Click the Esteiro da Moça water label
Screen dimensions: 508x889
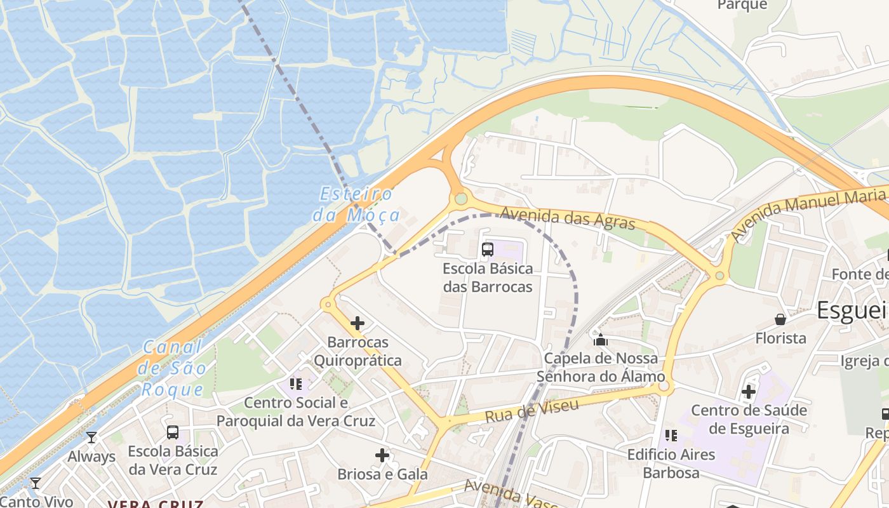[356, 204]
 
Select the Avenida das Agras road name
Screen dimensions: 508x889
[567, 218]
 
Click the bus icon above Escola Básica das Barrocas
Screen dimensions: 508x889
[488, 250]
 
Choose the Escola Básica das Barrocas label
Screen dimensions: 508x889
[488, 277]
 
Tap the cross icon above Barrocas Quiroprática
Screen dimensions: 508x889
[358, 323]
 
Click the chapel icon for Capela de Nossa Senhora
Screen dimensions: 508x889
[600, 340]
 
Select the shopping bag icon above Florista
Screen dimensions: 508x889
[780, 319]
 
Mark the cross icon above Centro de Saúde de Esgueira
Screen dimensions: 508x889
[749, 392]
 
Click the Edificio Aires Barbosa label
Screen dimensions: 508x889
[671, 464]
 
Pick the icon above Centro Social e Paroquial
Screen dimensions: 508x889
[295, 384]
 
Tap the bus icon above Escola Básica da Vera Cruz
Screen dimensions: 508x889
[172, 432]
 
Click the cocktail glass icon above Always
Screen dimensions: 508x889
[91, 438]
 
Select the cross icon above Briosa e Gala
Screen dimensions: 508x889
[382, 455]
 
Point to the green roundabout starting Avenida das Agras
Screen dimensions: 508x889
[461, 199]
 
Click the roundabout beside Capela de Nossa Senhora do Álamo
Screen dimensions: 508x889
[663, 385]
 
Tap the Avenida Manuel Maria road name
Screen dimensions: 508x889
[806, 213]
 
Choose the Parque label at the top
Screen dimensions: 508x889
[742, 5]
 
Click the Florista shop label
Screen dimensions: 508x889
[780, 338]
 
